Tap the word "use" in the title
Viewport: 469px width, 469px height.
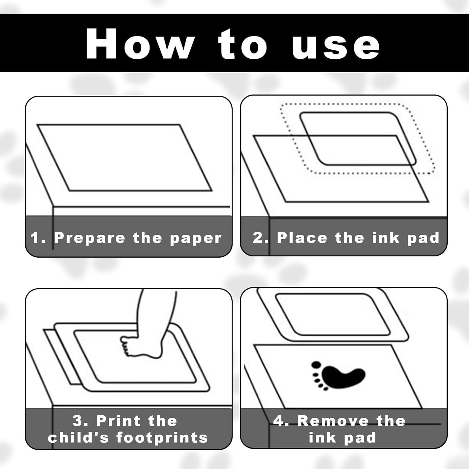tap(336, 47)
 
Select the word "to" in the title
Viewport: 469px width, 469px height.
tap(243, 44)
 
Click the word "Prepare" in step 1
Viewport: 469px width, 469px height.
tap(90, 238)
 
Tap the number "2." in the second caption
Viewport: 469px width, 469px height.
tap(260, 238)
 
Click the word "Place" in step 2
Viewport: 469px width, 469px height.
tap(302, 238)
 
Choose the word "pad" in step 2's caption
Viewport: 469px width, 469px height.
tap(423, 238)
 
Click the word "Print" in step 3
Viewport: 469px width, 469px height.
tap(119, 421)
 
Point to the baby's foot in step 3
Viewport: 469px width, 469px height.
tap(141, 345)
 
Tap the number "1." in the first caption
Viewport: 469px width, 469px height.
tap(38, 238)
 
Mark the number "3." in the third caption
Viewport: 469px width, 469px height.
tap(81, 421)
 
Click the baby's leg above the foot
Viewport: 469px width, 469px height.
tap(158, 313)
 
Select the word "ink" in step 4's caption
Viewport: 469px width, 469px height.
tap(322, 437)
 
